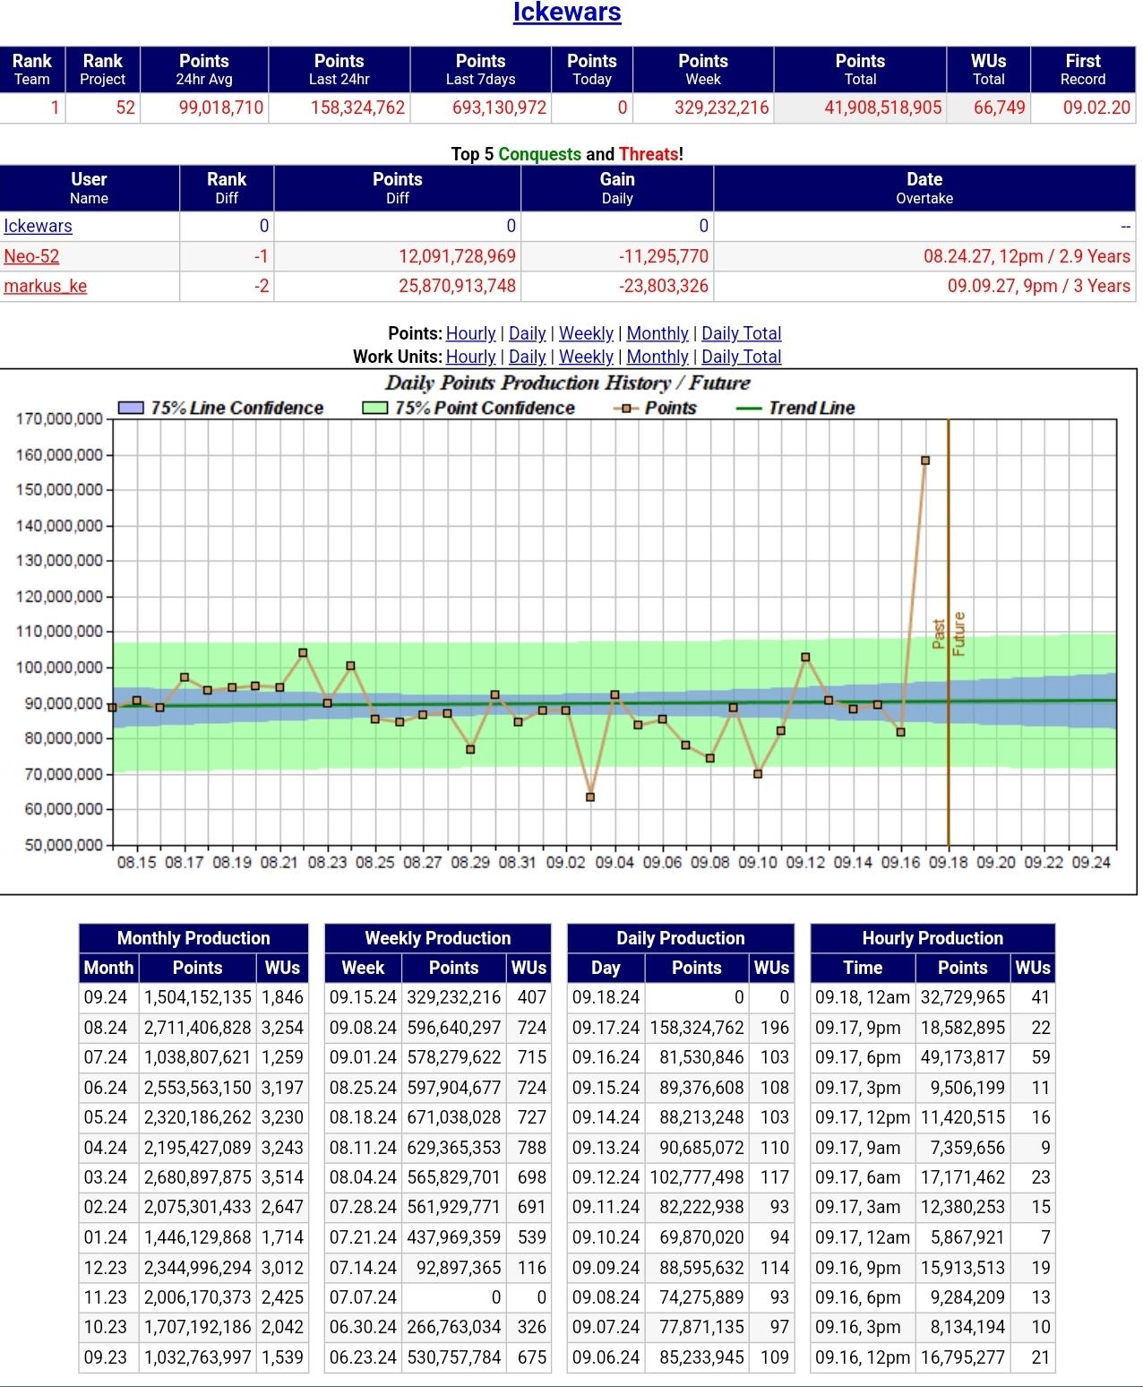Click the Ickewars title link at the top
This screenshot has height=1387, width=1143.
click(566, 13)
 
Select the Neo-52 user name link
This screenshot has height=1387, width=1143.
click(31, 256)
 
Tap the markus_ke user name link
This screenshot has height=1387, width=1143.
click(46, 286)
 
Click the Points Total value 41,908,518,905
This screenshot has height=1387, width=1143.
click(882, 108)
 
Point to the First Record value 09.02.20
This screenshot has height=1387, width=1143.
click(1096, 108)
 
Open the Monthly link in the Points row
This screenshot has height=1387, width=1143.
click(657, 333)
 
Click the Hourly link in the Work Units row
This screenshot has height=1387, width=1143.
click(470, 357)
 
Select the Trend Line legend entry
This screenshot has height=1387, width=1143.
click(811, 408)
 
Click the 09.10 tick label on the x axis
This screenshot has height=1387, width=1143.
click(758, 862)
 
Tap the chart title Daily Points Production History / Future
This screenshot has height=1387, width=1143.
click(567, 383)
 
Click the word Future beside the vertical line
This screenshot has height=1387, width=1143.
click(958, 633)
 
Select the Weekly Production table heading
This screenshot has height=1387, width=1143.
click(437, 938)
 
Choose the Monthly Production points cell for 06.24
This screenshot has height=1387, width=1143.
click(197, 1088)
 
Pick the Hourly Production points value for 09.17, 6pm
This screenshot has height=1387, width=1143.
click(962, 1057)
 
